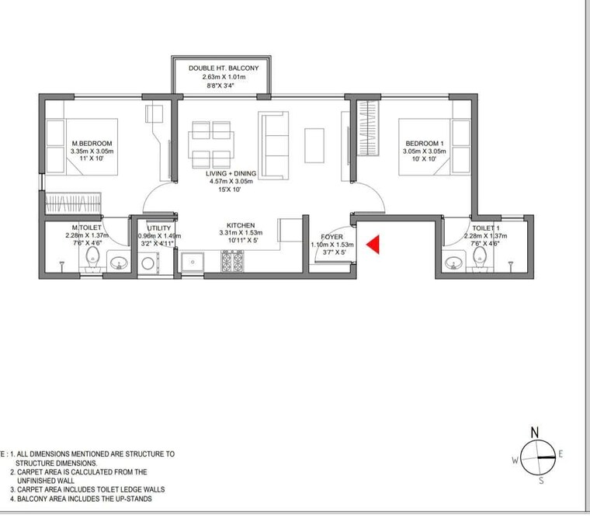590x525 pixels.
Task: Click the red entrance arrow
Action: pos(373,245)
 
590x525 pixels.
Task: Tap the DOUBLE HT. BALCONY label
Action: pos(223,68)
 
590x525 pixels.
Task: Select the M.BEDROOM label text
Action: pos(92,144)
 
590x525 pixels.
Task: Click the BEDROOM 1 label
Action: pos(424,144)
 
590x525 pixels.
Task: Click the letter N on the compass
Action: pos(534,432)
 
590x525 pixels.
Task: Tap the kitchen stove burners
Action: pos(232,263)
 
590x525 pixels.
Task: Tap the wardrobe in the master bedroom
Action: pos(73,205)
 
